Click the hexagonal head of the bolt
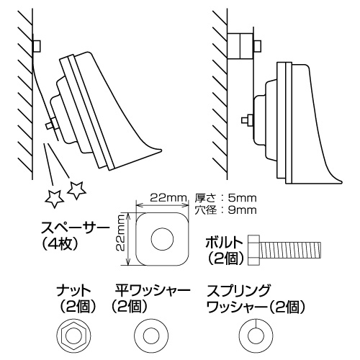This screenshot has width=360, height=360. pyautogui.click(x=253, y=250)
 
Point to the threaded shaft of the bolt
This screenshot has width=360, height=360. pyautogui.click(x=289, y=250)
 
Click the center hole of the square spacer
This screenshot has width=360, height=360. pyautogui.click(x=162, y=239)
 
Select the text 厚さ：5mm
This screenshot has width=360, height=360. pyautogui.click(x=225, y=198)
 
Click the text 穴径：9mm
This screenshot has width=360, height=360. pyautogui.click(x=225, y=210)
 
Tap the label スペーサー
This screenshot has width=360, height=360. pyautogui.click(x=75, y=228)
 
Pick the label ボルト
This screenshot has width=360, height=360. pyautogui.click(x=224, y=243)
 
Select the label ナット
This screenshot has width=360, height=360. pyautogui.click(x=73, y=291)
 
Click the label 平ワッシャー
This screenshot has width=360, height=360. pyautogui.click(x=153, y=291)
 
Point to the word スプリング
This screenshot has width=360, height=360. pyautogui.click(x=238, y=291)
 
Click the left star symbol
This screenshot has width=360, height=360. pyautogui.click(x=55, y=199)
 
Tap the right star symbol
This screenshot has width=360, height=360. pyautogui.click(x=76, y=190)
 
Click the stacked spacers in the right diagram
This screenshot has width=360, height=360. pyautogui.click(x=240, y=46)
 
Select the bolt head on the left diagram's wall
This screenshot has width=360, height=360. pyautogui.click(x=37, y=46)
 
